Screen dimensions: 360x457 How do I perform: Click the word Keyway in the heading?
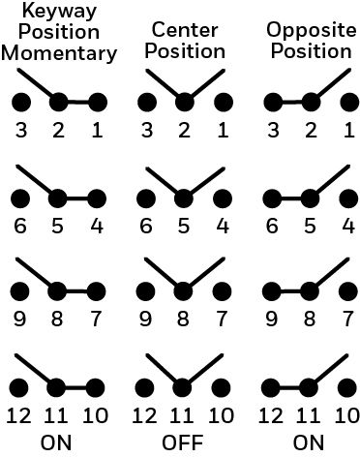(59, 12)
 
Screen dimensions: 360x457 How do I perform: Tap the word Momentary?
(59, 53)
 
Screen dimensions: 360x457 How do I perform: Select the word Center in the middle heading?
(185, 30)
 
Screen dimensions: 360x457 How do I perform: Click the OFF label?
(183, 442)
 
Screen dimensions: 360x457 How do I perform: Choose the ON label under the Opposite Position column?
(309, 442)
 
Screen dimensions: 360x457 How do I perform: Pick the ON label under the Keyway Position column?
(56, 442)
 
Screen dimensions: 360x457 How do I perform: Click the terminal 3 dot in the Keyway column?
(21, 103)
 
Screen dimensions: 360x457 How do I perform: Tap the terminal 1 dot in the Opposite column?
(350, 103)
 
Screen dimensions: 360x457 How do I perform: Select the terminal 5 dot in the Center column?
(184, 198)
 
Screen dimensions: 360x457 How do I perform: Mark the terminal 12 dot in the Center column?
(144, 387)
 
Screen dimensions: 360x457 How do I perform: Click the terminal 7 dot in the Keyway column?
(96, 291)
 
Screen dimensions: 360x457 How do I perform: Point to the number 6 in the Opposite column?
(272, 226)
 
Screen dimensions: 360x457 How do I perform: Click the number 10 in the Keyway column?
(96, 415)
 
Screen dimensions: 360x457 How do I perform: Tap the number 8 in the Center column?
(183, 319)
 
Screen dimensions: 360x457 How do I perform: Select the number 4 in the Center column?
(223, 226)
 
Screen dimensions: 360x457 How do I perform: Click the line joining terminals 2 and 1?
(78, 103)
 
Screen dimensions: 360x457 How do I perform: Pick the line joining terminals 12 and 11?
(289, 387)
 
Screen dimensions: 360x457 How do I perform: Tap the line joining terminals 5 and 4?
(77, 198)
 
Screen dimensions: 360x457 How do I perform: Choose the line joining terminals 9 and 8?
(290, 291)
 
